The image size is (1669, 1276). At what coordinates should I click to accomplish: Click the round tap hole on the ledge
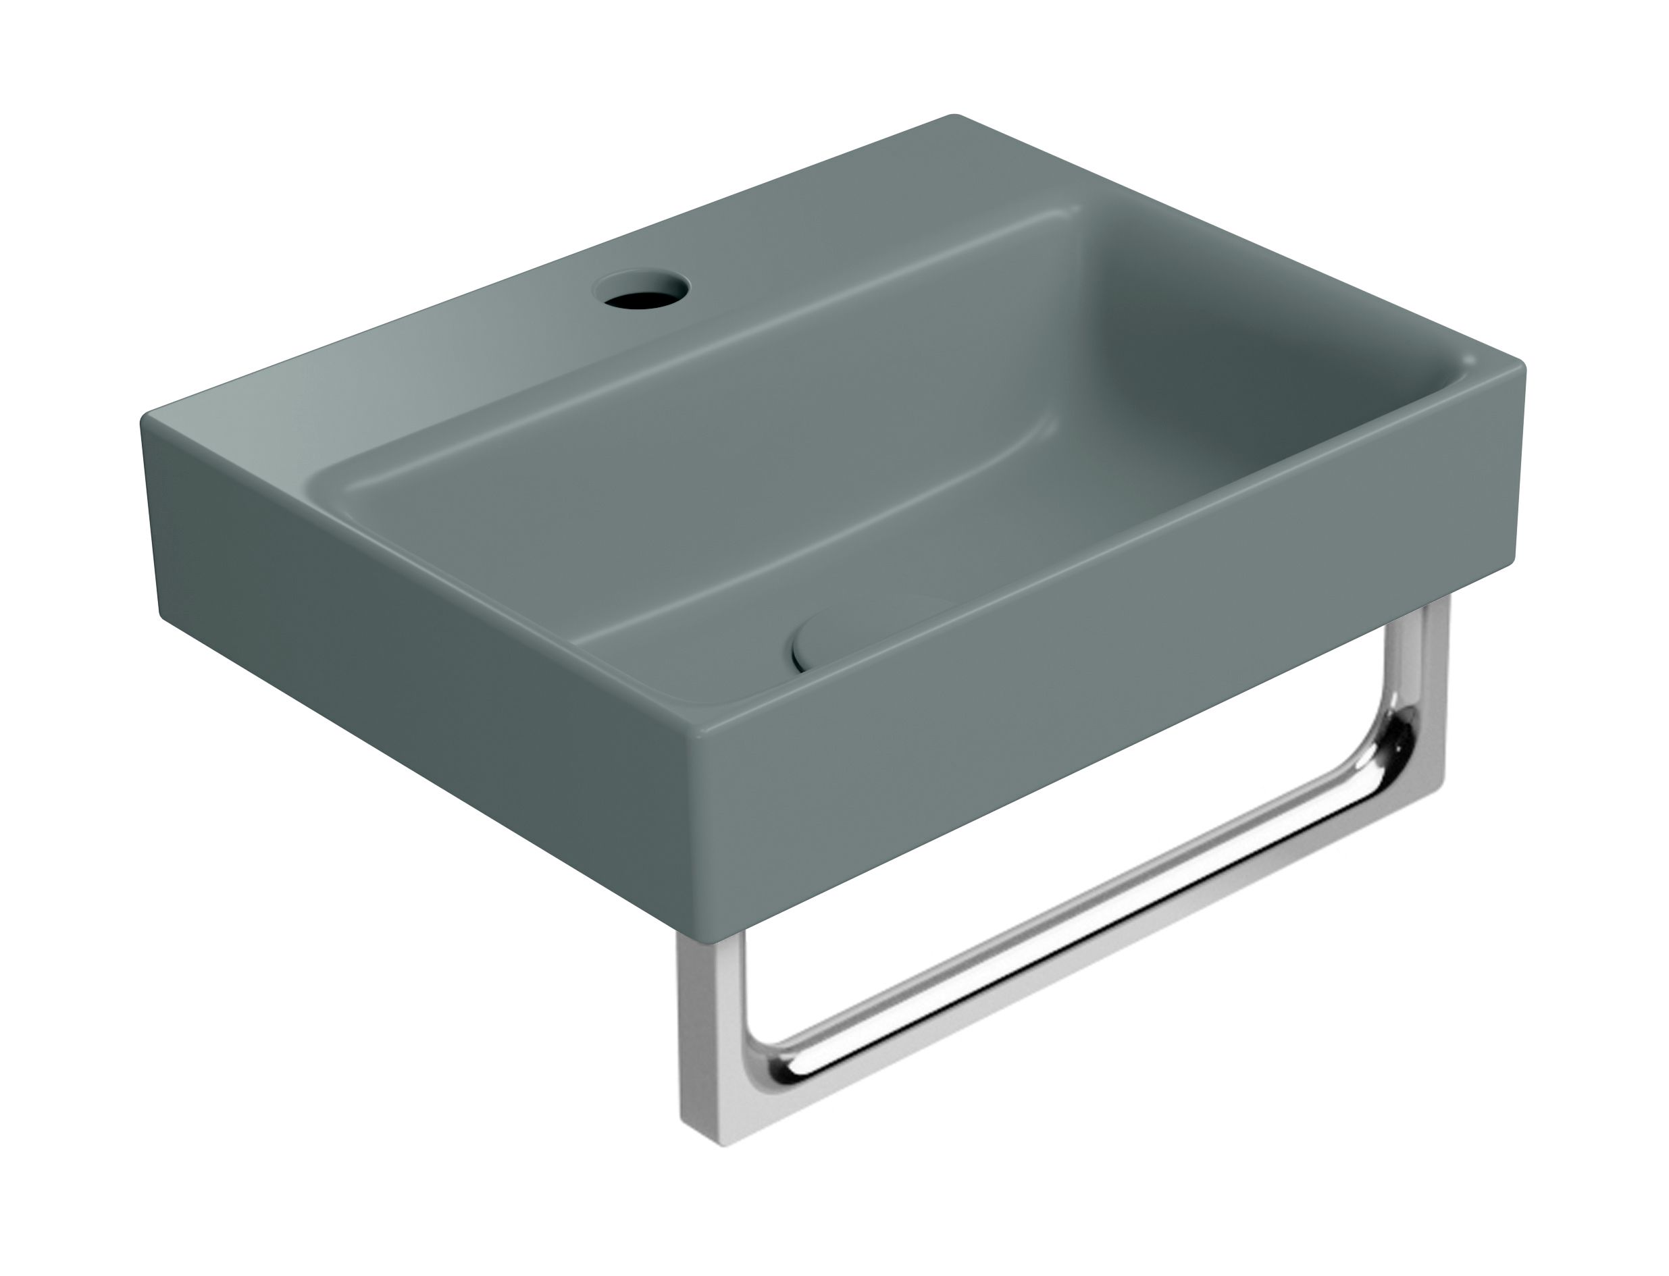(x=642, y=290)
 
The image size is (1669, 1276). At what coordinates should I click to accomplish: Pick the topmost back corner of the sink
(x=956, y=117)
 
